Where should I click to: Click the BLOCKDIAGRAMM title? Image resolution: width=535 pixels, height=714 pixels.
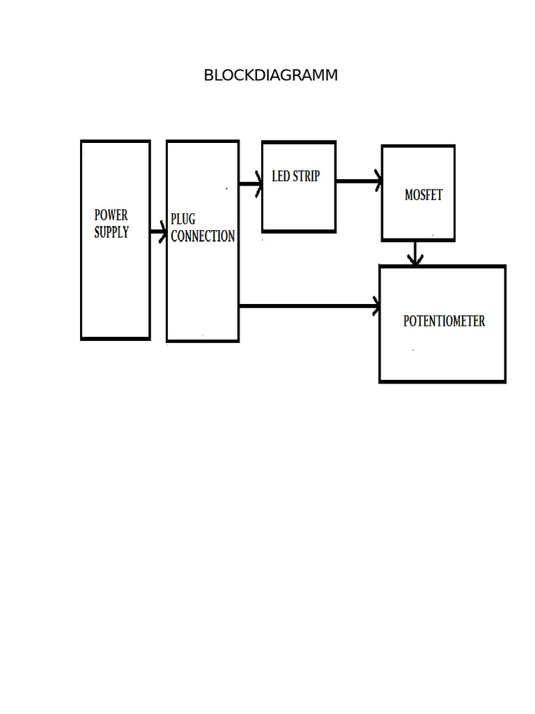tap(270, 75)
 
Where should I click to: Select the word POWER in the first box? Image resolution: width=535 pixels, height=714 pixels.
tap(111, 215)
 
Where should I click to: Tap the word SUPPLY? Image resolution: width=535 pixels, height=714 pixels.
tap(111, 232)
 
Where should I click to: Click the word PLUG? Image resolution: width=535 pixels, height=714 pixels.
tap(183, 220)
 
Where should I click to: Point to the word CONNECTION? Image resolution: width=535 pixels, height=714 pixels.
tap(203, 236)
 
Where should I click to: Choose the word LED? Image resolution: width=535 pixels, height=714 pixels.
tap(281, 176)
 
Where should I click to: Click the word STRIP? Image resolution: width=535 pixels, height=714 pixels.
tap(307, 176)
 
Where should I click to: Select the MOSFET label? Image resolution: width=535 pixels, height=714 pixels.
tap(424, 195)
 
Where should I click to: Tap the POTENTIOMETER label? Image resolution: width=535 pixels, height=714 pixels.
tap(444, 321)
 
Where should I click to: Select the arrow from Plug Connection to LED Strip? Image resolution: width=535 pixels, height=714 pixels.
tap(250, 184)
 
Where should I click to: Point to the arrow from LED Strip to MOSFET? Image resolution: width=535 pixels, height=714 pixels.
tap(358, 181)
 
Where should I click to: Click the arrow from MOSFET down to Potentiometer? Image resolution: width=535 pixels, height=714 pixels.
tap(415, 252)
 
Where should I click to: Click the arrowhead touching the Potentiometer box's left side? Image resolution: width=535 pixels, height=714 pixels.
tap(376, 305)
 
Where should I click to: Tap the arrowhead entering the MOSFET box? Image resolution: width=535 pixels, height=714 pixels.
tap(378, 181)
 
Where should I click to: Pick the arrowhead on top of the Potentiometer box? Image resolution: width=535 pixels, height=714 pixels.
tap(415, 261)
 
